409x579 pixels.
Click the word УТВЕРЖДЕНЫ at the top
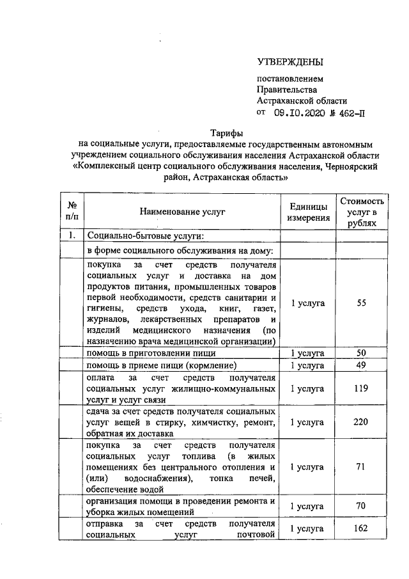tap(289, 62)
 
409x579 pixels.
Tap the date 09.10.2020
tap(297, 113)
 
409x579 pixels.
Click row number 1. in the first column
tap(72, 235)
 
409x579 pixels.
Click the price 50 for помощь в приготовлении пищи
tap(362, 353)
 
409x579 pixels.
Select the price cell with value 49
tap(362, 365)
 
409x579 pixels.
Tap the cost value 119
tap(362, 388)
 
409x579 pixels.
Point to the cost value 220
tap(362, 422)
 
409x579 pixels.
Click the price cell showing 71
tap(362, 466)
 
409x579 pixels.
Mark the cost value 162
tap(362, 529)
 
